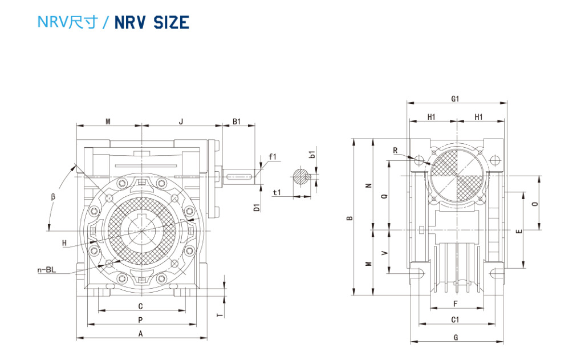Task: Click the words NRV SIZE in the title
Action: pos(152,22)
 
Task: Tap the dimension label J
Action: pos(181,121)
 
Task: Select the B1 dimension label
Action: pos(236,121)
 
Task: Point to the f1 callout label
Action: pos(272,156)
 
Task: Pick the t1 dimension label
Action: pos(277,192)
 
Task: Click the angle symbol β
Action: pos(52,197)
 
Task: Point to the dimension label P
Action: pos(140,320)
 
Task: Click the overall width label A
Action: pos(140,334)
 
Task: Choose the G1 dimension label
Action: pos(456,99)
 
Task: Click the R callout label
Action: pos(395,150)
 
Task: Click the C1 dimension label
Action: pos(456,319)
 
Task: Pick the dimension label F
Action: pos(455,303)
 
